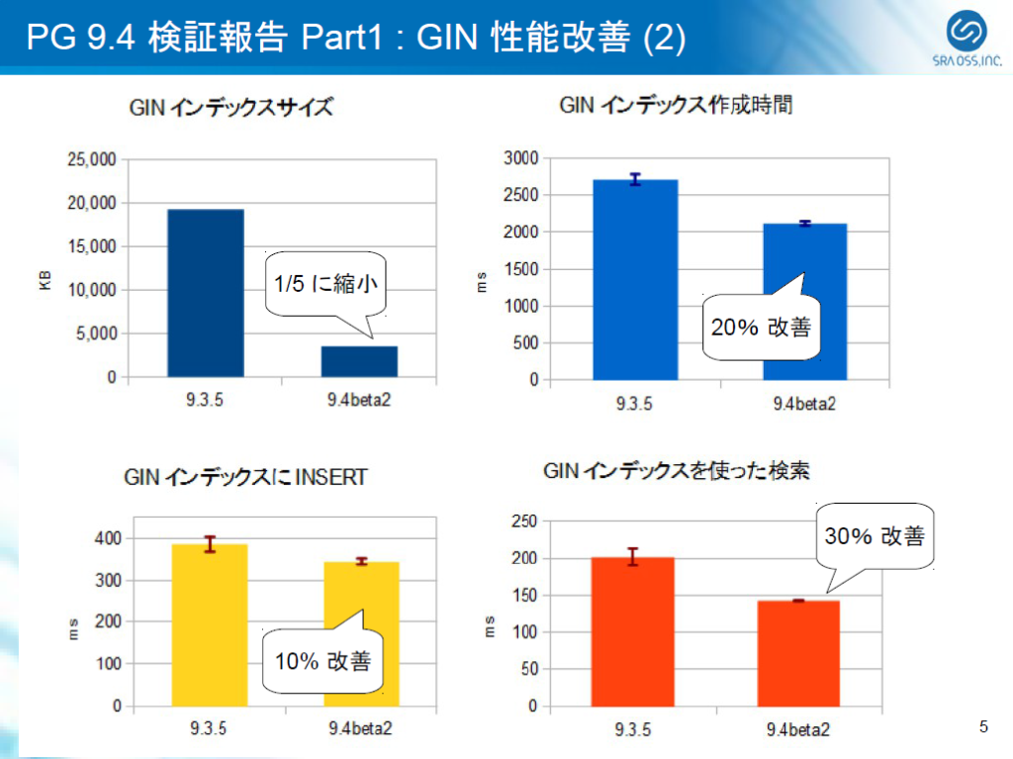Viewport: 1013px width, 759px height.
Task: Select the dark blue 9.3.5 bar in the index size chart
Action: point(205,293)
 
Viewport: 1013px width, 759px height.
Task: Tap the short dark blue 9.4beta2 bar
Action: point(359,361)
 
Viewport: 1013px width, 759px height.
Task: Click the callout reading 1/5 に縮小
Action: point(324,284)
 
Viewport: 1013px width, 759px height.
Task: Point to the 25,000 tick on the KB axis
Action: point(91,159)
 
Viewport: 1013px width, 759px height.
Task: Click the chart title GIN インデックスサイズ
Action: point(230,108)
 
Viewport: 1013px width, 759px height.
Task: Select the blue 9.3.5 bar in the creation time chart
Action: point(635,280)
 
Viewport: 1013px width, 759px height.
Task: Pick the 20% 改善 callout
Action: point(761,327)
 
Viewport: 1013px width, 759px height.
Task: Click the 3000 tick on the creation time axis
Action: point(520,158)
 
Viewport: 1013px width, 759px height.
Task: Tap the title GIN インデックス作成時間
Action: point(677,105)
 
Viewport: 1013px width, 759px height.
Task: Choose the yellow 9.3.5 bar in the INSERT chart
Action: point(210,625)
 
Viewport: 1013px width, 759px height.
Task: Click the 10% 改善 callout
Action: point(322,660)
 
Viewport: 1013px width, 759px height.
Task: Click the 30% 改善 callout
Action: point(875,535)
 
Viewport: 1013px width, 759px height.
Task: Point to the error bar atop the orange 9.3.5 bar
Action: point(632,556)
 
